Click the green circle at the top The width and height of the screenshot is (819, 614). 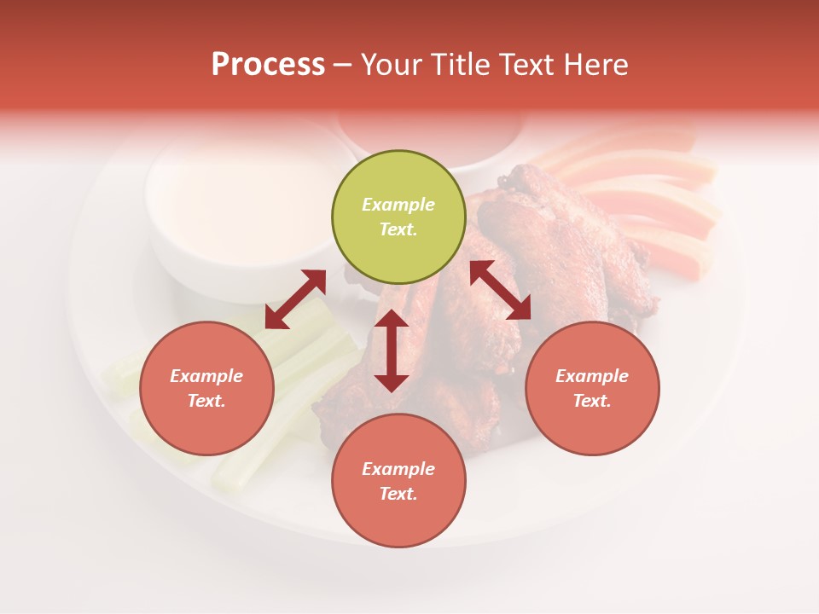398,217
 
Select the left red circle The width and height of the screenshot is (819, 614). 206,388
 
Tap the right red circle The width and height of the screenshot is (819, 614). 592,388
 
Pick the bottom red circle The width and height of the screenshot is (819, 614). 398,481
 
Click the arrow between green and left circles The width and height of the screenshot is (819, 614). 295,299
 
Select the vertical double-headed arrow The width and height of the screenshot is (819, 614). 392,350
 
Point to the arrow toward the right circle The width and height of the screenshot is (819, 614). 501,290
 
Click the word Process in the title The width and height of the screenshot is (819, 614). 268,65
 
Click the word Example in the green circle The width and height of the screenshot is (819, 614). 398,205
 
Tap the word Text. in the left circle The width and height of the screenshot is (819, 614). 206,401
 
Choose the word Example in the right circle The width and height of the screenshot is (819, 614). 592,376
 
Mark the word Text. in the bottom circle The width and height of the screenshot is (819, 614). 398,494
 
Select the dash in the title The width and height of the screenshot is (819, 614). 343,65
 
